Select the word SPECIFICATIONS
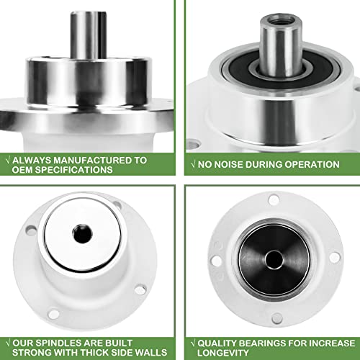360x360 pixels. click(74, 170)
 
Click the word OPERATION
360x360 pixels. click(310, 164)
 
